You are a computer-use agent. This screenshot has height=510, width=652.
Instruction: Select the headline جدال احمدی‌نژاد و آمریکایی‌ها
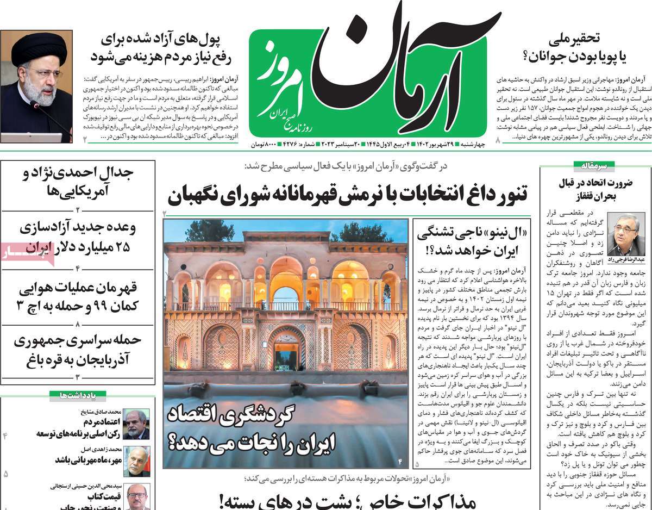point(78,182)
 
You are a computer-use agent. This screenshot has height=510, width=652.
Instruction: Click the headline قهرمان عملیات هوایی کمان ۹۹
point(78,296)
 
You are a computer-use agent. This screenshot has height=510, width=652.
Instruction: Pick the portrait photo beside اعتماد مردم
point(136,424)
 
